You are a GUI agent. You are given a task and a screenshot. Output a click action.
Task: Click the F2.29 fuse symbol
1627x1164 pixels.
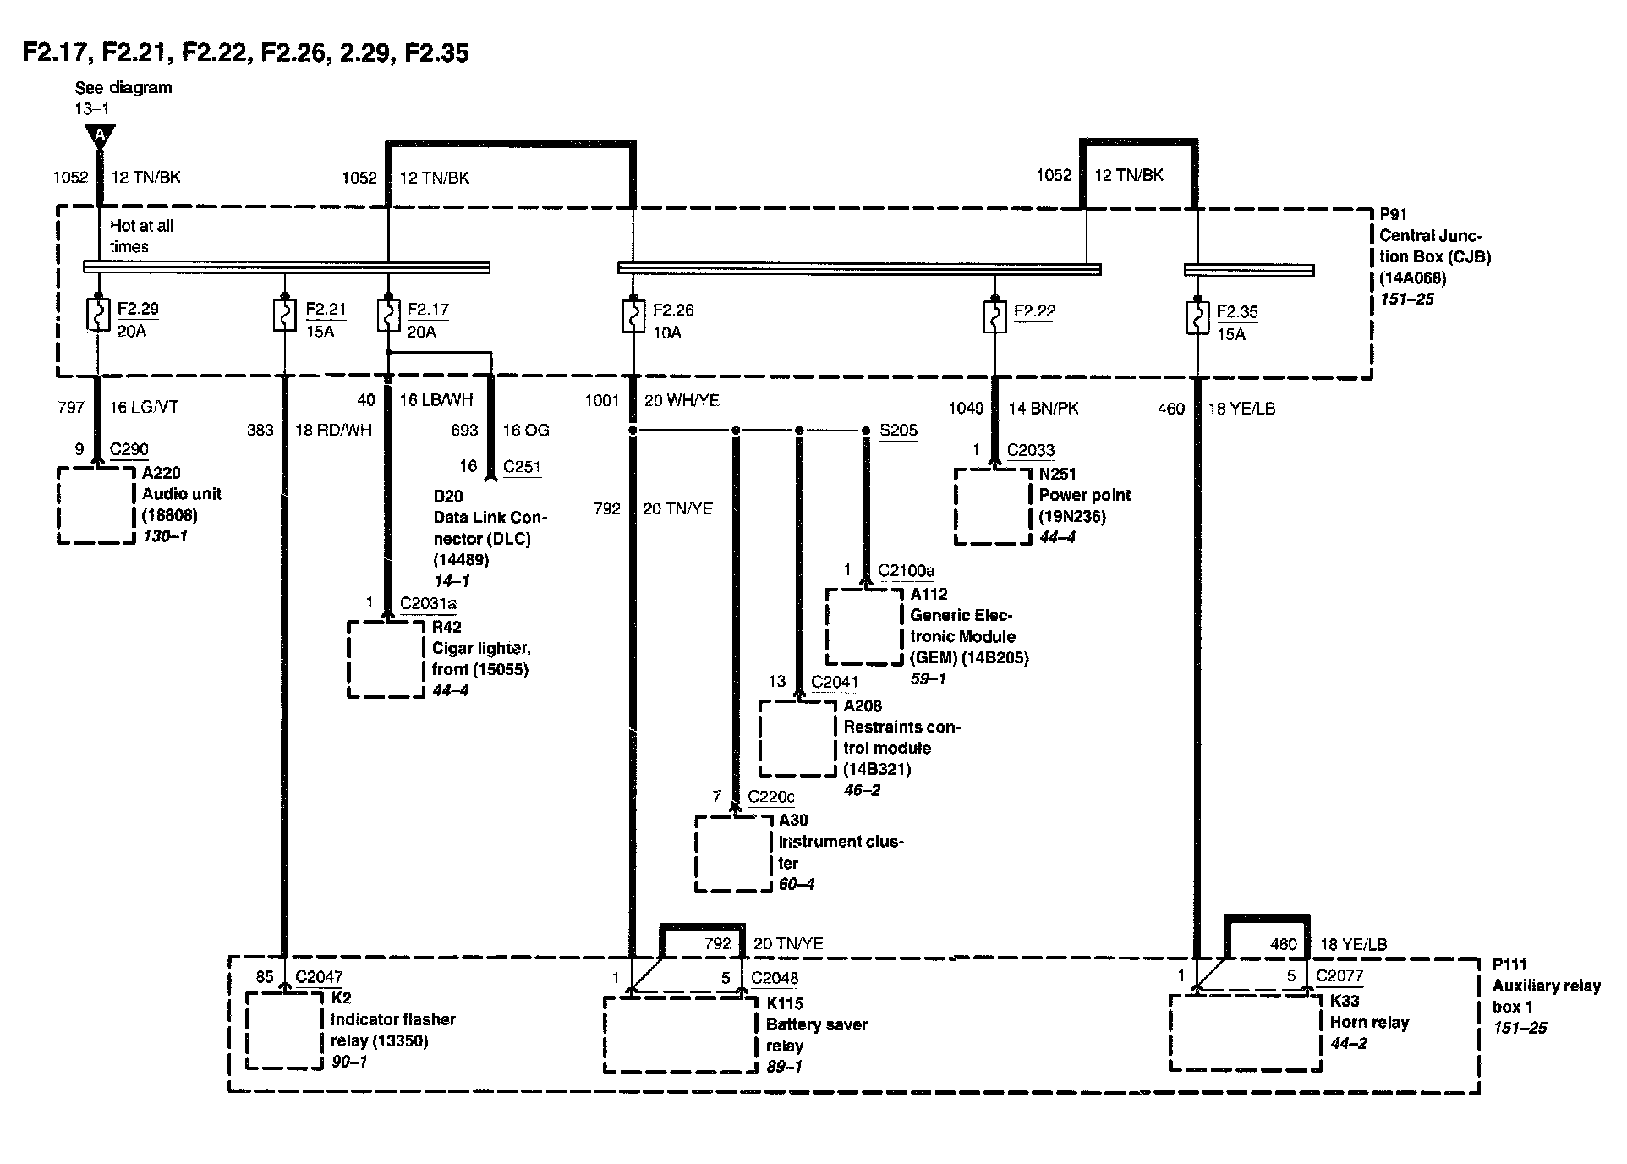pyautogui.click(x=98, y=316)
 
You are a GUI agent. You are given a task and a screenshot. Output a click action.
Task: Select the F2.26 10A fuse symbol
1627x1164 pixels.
pyautogui.click(x=632, y=316)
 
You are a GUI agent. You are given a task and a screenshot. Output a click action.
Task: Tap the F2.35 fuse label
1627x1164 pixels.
pyautogui.click(x=1236, y=312)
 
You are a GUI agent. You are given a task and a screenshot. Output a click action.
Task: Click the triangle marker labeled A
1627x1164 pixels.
pyautogui.click(x=100, y=135)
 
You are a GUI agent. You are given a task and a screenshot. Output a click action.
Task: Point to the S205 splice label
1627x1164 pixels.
pyautogui.click(x=898, y=431)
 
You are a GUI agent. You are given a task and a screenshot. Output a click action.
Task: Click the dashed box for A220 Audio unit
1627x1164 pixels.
pyautogui.click(x=96, y=505)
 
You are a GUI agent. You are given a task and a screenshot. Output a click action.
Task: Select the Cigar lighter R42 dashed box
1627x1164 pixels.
pyautogui.click(x=386, y=659)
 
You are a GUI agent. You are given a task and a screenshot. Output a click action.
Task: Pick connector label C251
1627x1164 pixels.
pyautogui.click(x=522, y=467)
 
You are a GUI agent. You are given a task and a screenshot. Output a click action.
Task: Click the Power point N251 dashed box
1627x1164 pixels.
pyautogui.click(x=993, y=507)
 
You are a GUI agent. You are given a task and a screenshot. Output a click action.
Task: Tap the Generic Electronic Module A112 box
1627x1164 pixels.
pyautogui.click(x=864, y=627)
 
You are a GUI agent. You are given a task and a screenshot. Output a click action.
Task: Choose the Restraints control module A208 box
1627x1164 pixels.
pyautogui.click(x=797, y=738)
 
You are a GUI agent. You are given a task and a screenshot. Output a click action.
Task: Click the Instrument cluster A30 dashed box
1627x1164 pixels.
pyautogui.click(x=733, y=853)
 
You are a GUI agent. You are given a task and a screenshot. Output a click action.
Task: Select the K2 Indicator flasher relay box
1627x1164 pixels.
pyautogui.click(x=284, y=1030)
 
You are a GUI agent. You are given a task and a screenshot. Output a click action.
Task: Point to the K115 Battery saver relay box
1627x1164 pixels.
pyautogui.click(x=680, y=1035)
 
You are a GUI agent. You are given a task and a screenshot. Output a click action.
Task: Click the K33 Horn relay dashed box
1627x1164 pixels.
pyautogui.click(x=1245, y=1033)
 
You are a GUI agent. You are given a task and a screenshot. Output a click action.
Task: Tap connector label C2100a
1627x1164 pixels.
pyautogui.click(x=906, y=571)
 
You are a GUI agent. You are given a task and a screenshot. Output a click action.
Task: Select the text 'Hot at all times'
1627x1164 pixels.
pyautogui.click(x=141, y=236)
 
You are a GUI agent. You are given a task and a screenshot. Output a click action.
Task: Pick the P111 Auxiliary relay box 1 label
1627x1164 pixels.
pyautogui.click(x=1545, y=996)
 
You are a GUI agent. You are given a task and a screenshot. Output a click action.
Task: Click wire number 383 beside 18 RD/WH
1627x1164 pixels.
pyautogui.click(x=260, y=431)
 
